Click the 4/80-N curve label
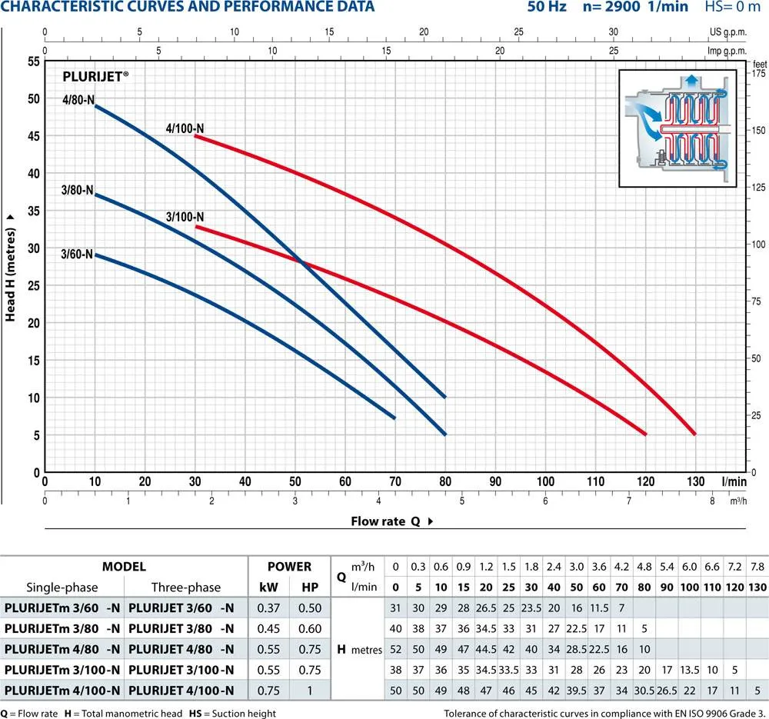[78, 98]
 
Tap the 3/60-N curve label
[78, 254]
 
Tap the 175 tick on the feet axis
[758, 73]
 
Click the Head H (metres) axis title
[11, 266]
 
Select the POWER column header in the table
[289, 567]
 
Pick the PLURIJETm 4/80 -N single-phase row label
[62, 648]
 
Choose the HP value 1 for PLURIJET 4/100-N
[310, 690]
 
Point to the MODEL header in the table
[124, 567]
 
